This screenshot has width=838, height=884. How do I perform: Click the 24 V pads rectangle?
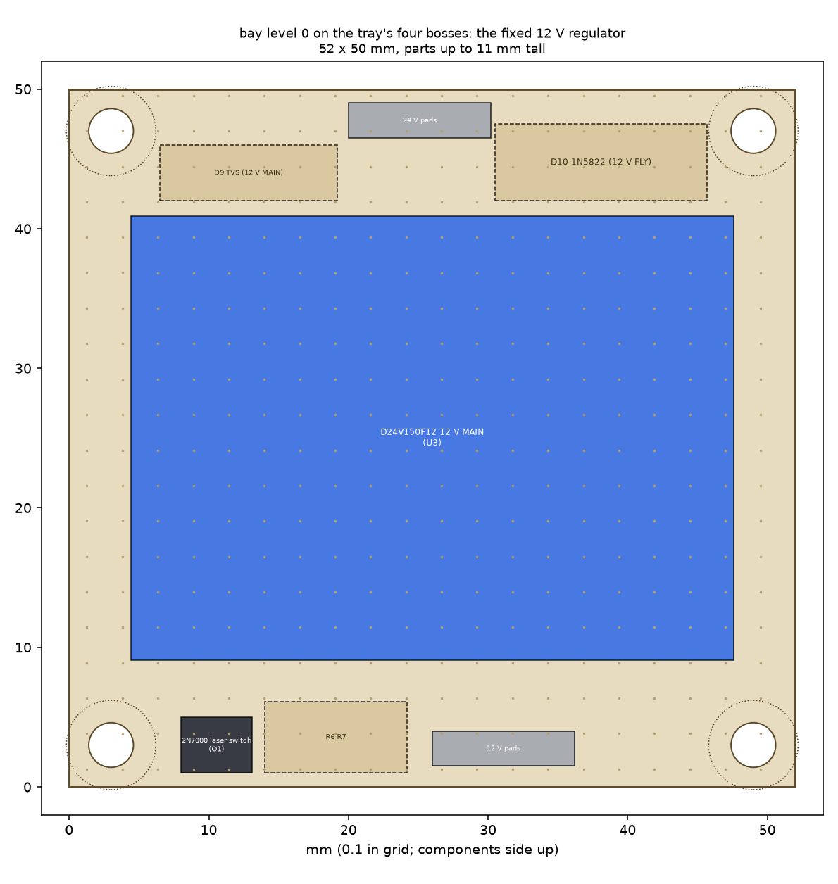click(420, 120)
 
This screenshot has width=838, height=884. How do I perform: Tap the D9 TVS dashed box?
click(249, 172)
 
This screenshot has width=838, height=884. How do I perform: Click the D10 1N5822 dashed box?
click(601, 163)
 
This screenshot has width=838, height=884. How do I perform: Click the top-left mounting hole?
click(111, 131)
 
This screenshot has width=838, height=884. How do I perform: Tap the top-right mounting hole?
click(753, 131)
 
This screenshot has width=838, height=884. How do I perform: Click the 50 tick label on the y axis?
click(23, 90)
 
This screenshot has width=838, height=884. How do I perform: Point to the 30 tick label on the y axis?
click(23, 369)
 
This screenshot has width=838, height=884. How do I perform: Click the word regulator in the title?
click(596, 34)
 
